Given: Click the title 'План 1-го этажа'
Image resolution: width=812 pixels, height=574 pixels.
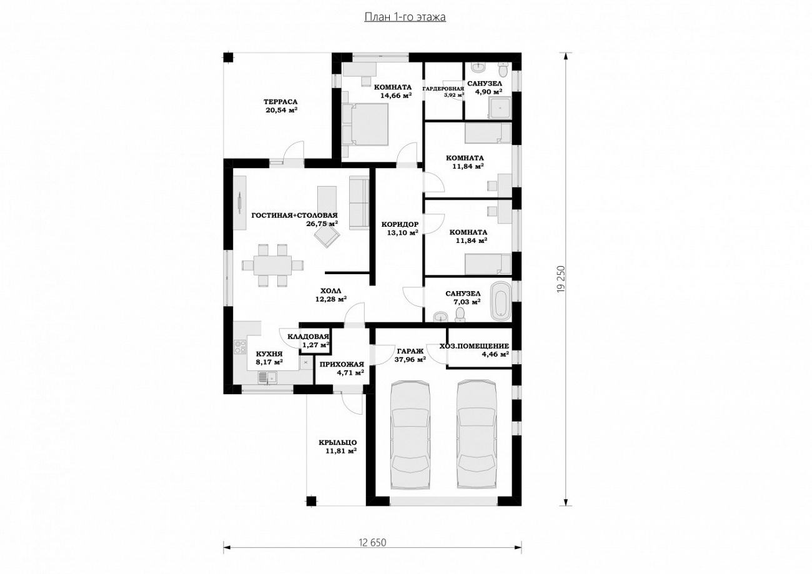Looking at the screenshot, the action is [405, 17].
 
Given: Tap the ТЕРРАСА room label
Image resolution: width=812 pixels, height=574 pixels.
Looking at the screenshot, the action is [280, 102].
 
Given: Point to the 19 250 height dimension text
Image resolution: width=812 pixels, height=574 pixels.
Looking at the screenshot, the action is [561, 279].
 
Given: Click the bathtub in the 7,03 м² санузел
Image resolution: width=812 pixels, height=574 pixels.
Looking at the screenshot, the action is [500, 302].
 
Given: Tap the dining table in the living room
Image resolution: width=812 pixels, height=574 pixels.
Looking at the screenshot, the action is [272, 265].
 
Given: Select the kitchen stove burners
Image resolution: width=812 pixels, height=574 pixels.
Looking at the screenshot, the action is [240, 347].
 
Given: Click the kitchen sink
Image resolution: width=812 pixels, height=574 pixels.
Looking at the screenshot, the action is [267, 378].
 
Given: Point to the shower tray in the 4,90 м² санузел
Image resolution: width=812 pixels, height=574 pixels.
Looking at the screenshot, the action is [500, 108].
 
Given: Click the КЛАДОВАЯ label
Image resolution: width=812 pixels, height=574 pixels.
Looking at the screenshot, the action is [308, 337].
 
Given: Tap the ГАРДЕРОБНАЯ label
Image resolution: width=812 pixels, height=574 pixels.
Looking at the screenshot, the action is [443, 89].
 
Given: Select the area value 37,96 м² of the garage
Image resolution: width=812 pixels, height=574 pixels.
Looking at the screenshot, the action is [410, 360].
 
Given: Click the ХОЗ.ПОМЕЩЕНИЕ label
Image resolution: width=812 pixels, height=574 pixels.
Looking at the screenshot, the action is [474, 347].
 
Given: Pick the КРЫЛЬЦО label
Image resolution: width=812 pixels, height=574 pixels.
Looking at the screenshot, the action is [338, 442].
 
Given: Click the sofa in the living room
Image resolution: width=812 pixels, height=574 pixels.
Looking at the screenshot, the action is [359, 202].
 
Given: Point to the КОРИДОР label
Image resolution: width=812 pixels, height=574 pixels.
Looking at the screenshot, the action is [400, 225].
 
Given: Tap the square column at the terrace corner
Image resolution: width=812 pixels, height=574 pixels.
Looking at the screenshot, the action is [228, 57].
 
